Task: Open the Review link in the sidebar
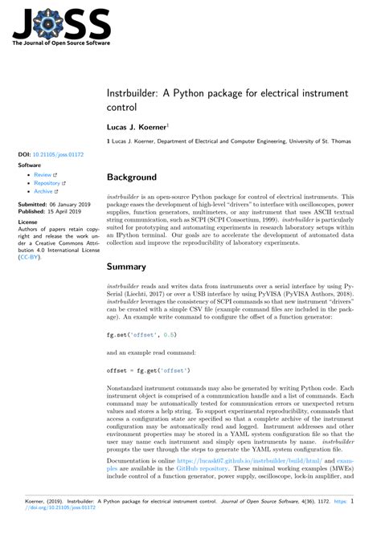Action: [43, 174]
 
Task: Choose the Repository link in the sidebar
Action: [48, 183]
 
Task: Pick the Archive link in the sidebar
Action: [44, 192]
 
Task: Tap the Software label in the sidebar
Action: [30, 164]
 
